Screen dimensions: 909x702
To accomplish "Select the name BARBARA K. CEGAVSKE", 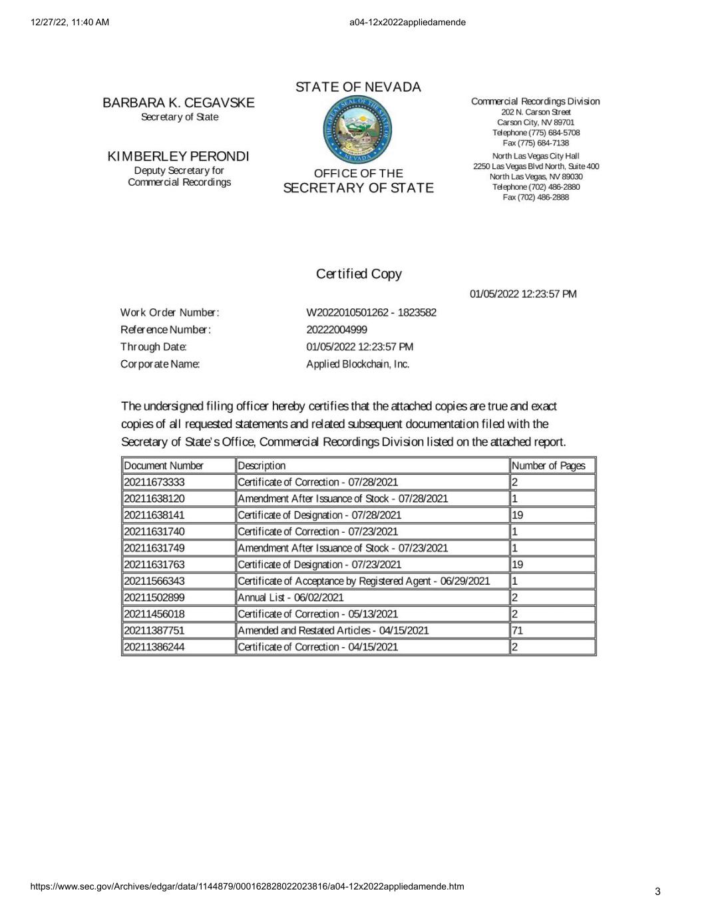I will point(178,103).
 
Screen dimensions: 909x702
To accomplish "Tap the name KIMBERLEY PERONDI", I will point(178,156).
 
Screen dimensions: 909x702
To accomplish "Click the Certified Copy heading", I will point(359,274).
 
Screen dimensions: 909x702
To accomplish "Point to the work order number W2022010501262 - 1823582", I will point(371,312).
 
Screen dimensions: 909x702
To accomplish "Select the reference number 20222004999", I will point(337,330).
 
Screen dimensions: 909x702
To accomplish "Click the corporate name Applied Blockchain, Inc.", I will point(358,364).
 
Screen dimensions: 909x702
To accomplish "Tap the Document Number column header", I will point(164,465).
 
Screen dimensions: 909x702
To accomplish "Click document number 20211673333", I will point(154,482).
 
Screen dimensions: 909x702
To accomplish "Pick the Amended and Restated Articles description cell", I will point(333,631).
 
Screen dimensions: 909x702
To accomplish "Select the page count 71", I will point(518,631).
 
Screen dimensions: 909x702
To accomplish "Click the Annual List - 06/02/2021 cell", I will point(291,597).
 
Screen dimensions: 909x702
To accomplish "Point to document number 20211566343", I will point(154,581).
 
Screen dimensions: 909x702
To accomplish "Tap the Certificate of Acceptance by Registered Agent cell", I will point(363,581).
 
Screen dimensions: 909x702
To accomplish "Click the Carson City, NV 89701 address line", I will point(536,123).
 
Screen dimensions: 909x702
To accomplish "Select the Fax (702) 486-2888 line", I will point(536,197).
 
